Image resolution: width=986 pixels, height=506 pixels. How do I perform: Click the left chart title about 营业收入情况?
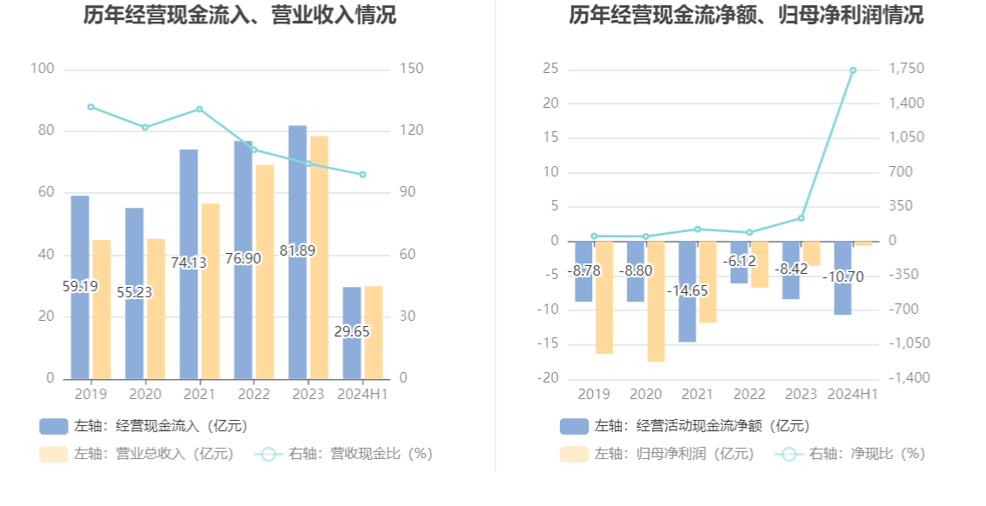coord(239,16)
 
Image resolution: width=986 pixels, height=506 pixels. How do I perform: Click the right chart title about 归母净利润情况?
coord(746,16)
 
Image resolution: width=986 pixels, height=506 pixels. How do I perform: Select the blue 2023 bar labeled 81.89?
coord(297,252)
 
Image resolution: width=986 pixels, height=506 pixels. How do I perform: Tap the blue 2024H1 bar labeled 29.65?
coord(351,333)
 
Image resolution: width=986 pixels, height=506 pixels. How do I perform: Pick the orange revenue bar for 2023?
coord(319,257)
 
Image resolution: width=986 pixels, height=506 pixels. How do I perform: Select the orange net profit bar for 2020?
coord(656,301)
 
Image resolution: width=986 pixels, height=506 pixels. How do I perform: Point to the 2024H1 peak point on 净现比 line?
coord(853,70)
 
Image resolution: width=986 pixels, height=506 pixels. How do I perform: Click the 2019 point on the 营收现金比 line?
coord(90,107)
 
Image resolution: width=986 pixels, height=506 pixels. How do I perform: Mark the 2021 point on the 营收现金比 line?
coord(199,110)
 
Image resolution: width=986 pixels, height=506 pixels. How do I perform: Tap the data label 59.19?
coord(80,286)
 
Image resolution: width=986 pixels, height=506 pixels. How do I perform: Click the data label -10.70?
coord(843,277)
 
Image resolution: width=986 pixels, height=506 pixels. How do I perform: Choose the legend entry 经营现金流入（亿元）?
coord(143,426)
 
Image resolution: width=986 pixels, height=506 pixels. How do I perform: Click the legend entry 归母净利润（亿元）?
coord(657,454)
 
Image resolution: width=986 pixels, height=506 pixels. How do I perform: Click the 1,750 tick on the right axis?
coord(907,70)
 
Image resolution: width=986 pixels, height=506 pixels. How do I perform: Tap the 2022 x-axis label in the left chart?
coord(253,394)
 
